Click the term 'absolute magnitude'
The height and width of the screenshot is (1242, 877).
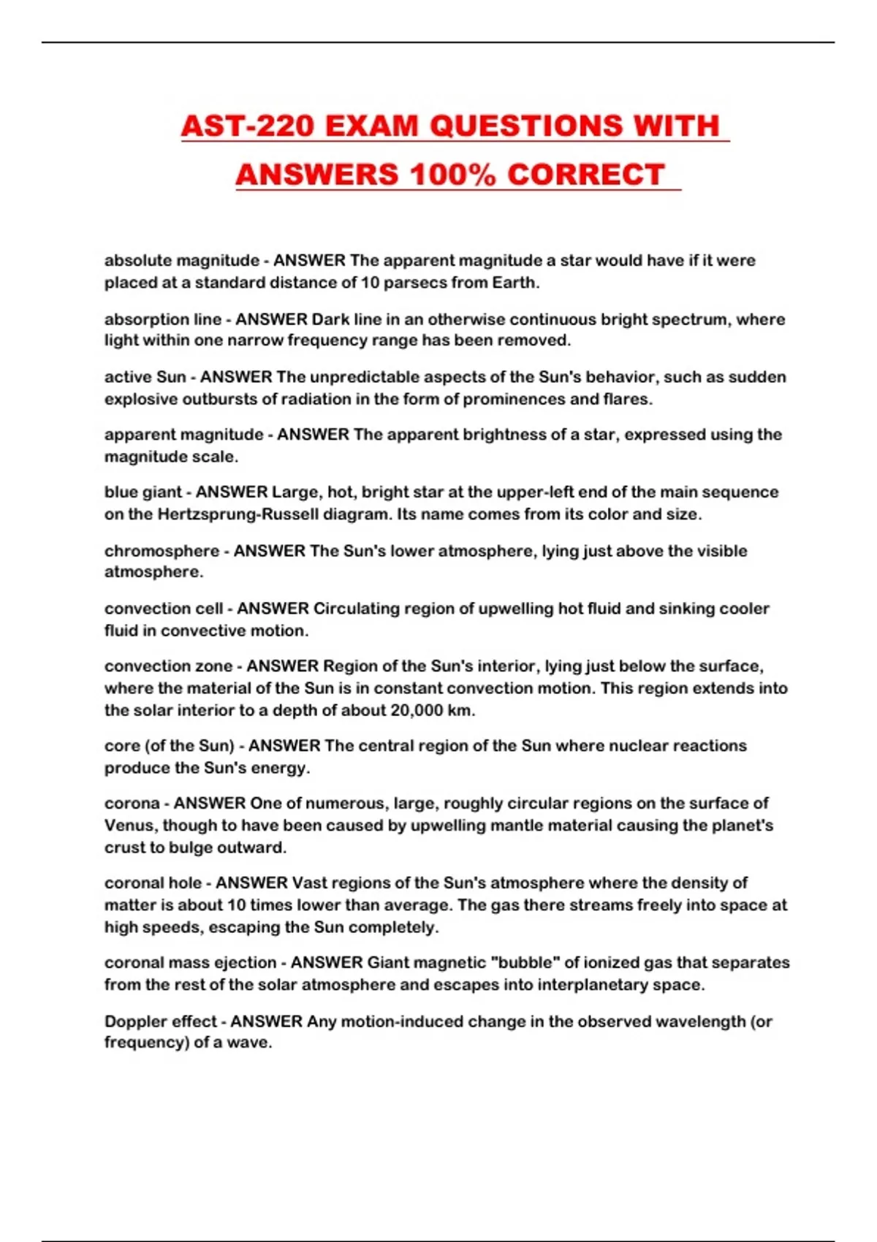[x=181, y=261]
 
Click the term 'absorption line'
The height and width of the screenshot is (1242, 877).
[x=162, y=319]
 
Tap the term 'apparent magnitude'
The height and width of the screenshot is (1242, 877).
[x=183, y=435]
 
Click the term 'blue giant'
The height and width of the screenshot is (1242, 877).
[x=143, y=492]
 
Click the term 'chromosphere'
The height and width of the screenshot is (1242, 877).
[x=162, y=551]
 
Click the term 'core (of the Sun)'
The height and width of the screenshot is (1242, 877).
[x=169, y=746]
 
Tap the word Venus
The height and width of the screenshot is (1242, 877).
[x=129, y=826]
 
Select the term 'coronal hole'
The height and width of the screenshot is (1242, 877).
[x=153, y=883]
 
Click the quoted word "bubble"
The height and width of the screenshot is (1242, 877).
[x=525, y=963]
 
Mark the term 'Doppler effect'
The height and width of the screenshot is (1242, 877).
[x=161, y=1021]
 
